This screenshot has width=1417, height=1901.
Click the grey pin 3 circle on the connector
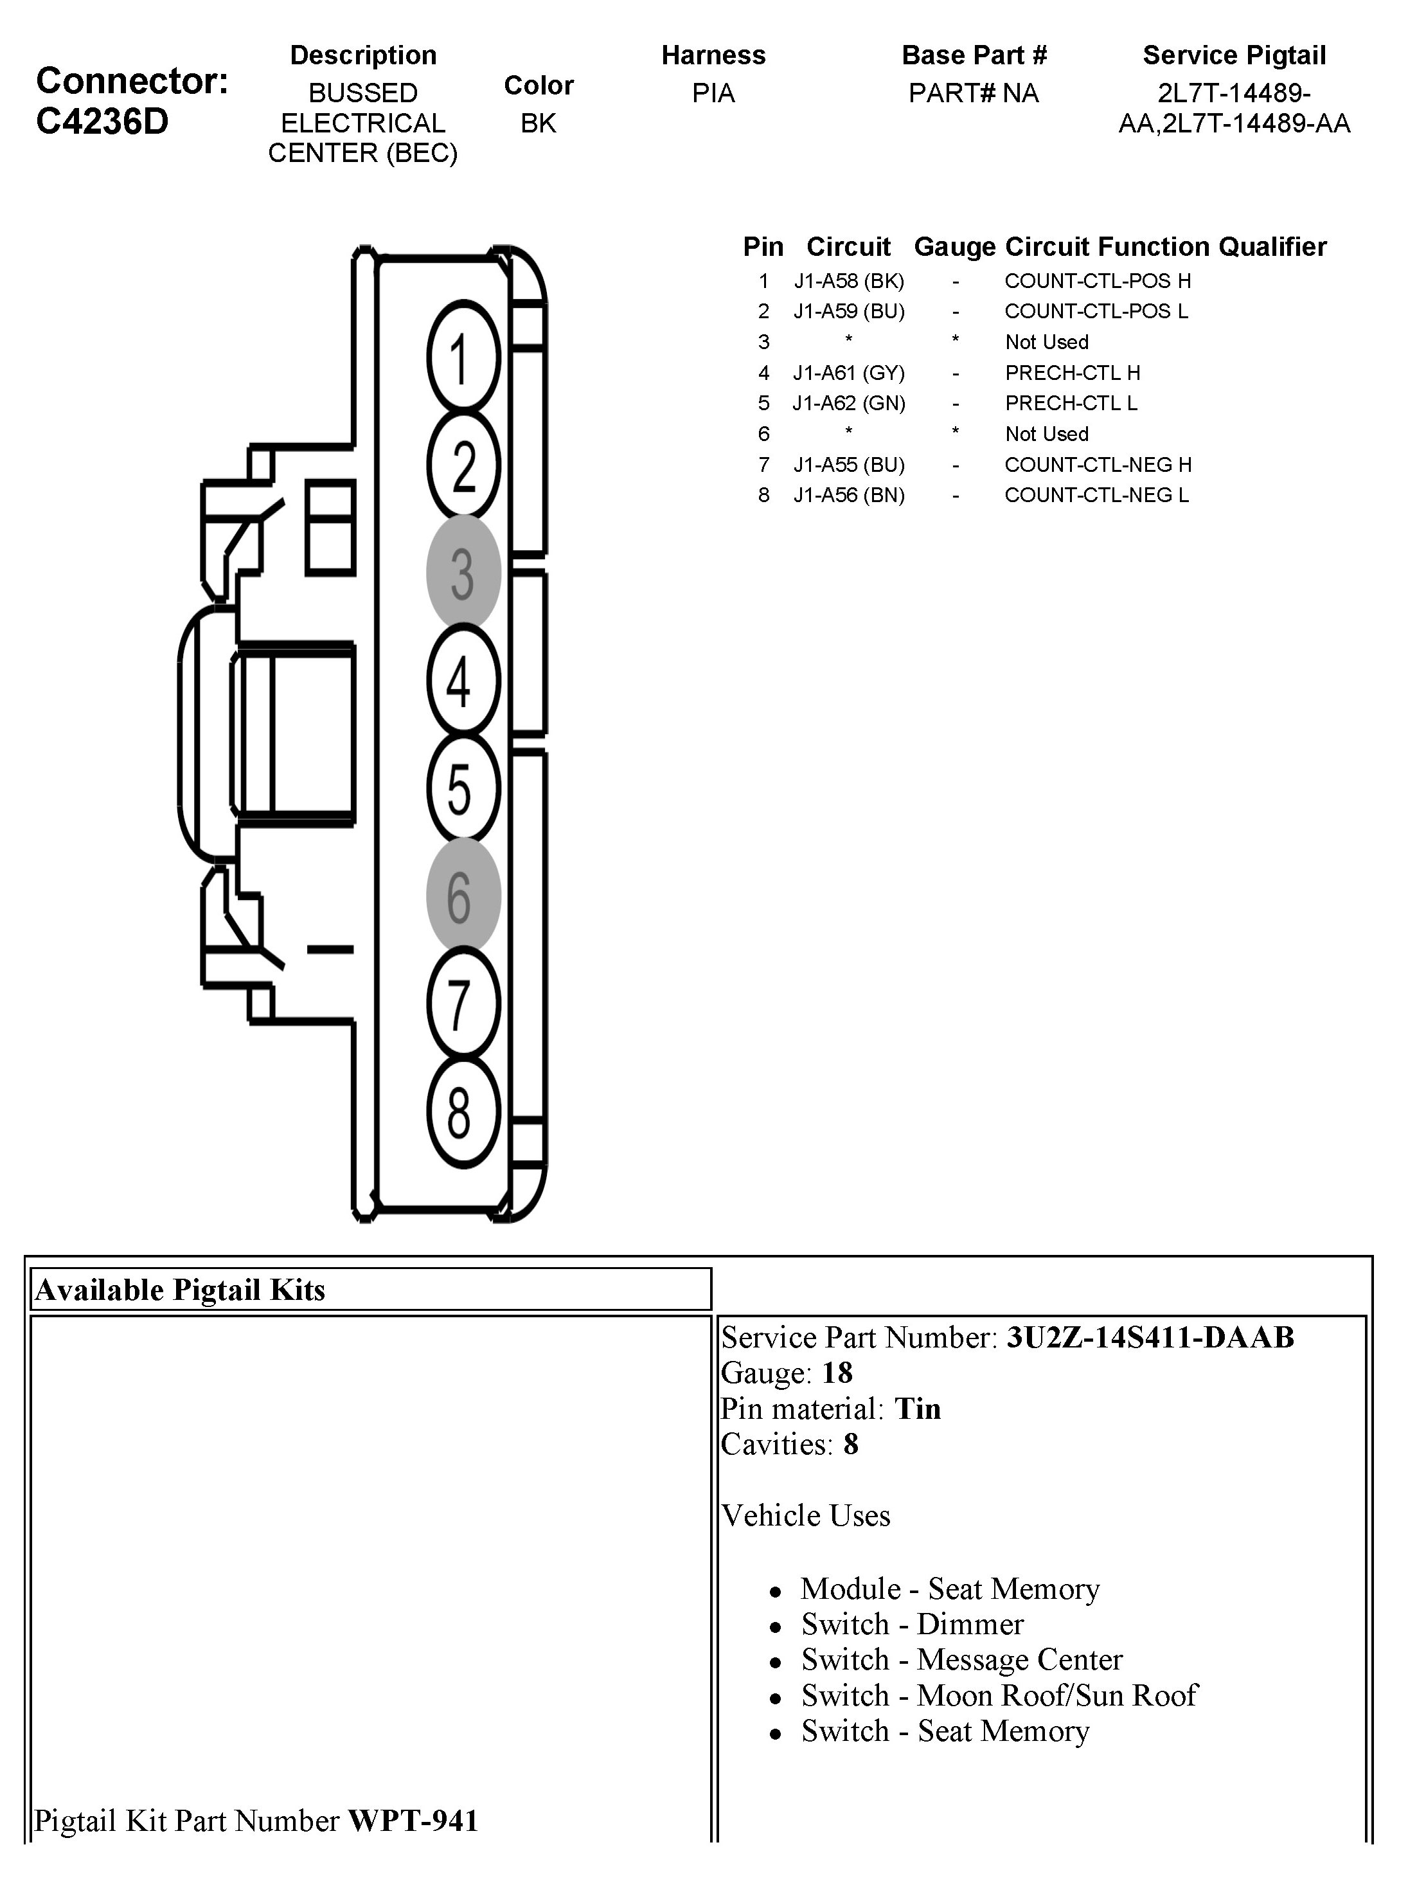[463, 573]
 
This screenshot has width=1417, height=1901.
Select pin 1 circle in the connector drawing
[463, 357]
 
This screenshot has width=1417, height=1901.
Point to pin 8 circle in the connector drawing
[463, 1113]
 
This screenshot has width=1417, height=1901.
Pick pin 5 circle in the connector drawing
[463, 789]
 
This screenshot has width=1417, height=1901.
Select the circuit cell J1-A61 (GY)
[848, 373]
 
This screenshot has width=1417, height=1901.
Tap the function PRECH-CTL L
[1071, 403]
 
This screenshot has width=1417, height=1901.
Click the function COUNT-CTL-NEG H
[1098, 465]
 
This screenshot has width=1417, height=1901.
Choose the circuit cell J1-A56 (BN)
[848, 496]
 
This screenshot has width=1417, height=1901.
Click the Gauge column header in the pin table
[955, 247]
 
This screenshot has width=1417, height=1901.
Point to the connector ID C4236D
[102, 122]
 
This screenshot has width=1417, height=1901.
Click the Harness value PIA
[713, 93]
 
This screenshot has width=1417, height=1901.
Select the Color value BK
[538, 123]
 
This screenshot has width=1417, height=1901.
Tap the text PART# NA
[974, 93]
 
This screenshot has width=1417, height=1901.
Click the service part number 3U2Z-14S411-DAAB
[1150, 1337]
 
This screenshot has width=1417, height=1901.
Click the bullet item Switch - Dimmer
[912, 1625]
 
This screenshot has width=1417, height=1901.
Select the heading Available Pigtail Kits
[180, 1290]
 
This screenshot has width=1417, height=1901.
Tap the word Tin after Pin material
[917, 1409]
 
